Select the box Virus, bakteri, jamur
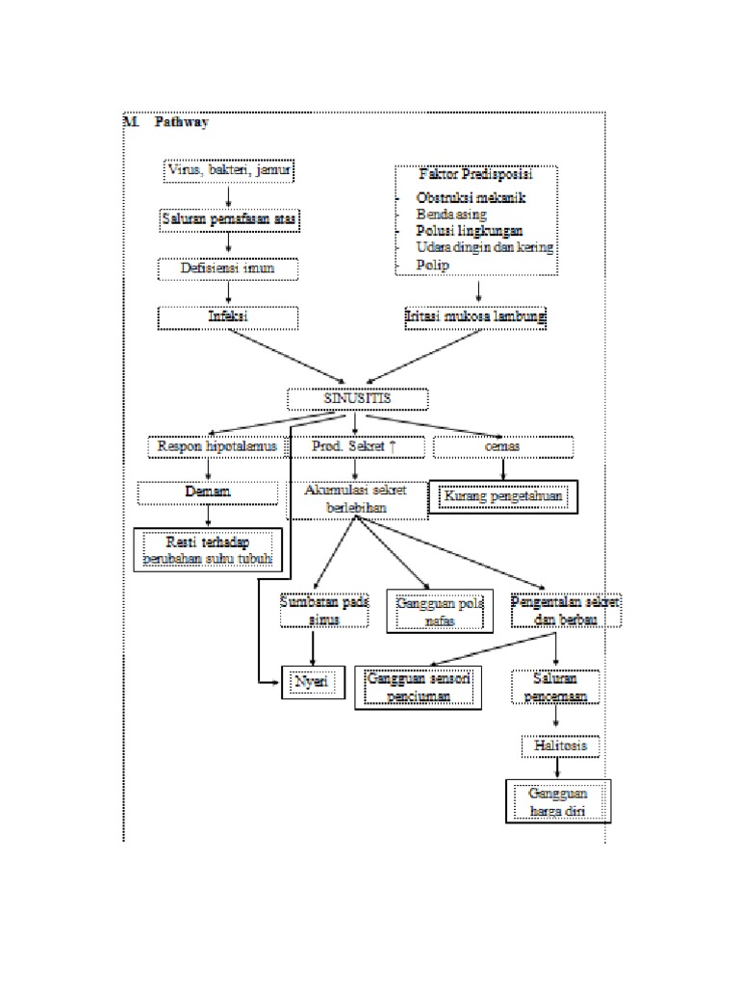pyautogui.click(x=229, y=171)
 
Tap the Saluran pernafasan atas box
pyautogui.click(x=229, y=220)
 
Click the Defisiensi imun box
pyautogui.click(x=229, y=268)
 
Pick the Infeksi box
pyautogui.click(x=229, y=316)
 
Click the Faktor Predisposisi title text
pyautogui.click(x=476, y=175)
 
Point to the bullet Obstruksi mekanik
pyautogui.click(x=471, y=197)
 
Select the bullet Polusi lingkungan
pyautogui.click(x=469, y=231)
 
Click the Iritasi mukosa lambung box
pyautogui.click(x=475, y=316)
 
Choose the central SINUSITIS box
pyautogui.click(x=357, y=398)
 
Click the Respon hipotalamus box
pyautogui.click(x=217, y=447)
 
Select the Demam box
pyautogui.click(x=208, y=492)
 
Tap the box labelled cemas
pyautogui.click(x=503, y=447)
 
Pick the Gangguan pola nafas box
pyautogui.click(x=439, y=612)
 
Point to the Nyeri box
pyautogui.click(x=312, y=682)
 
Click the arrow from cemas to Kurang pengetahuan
pyautogui.click(x=503, y=469)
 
